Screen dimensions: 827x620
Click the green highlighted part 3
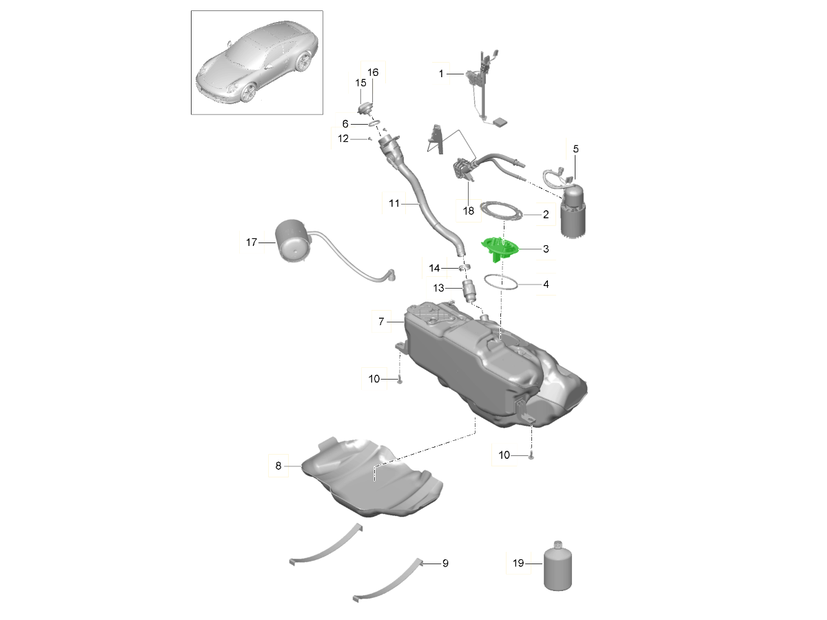click(x=500, y=249)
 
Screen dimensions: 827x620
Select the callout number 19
click(x=518, y=563)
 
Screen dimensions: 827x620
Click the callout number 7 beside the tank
click(x=381, y=322)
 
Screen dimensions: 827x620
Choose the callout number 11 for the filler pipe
click(x=394, y=203)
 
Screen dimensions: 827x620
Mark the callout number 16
click(x=373, y=72)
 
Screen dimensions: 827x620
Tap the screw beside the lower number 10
click(x=531, y=456)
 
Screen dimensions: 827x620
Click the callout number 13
click(x=438, y=288)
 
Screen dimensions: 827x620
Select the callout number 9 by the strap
click(x=445, y=563)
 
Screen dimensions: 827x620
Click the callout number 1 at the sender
click(x=441, y=74)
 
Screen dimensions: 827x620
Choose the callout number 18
click(x=469, y=211)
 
